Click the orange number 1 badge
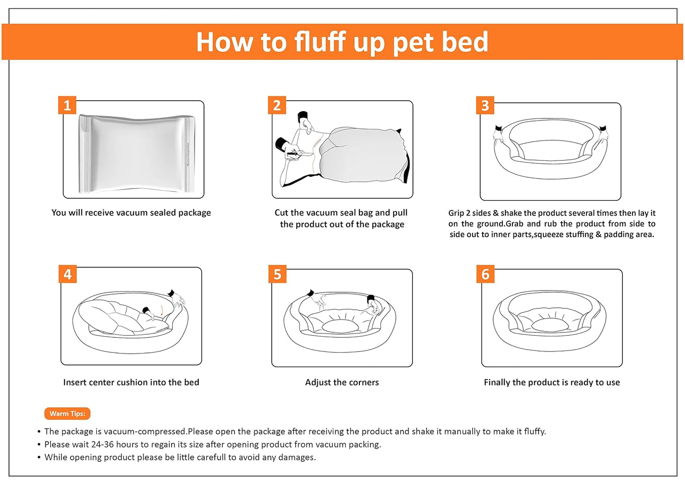click(67, 105)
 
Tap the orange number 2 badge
click(277, 105)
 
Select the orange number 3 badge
click(485, 105)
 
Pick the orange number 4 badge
click(67, 274)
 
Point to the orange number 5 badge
click(277, 274)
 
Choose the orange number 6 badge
click(485, 274)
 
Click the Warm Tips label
click(67, 413)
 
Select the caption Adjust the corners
click(342, 382)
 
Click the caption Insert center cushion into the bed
click(131, 382)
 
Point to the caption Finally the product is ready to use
click(552, 382)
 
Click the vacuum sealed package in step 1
click(137, 154)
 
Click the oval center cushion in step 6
click(548, 325)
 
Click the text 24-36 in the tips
click(102, 444)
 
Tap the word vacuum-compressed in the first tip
click(145, 431)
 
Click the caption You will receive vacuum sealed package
click(131, 212)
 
